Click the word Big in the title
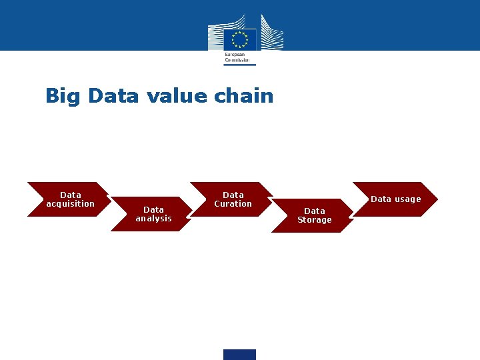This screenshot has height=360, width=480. (x=63, y=97)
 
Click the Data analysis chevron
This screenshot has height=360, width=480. (x=153, y=214)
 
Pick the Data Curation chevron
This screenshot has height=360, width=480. (x=232, y=199)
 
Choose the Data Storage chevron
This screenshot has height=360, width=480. (x=314, y=215)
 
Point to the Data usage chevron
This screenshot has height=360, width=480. (x=395, y=199)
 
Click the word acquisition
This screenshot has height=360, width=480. (x=71, y=204)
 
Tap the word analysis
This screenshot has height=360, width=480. (x=154, y=219)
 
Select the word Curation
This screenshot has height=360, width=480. (x=233, y=204)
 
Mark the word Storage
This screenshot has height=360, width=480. (x=315, y=220)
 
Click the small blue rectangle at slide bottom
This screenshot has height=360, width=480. (x=239, y=355)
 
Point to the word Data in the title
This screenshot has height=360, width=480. (x=113, y=96)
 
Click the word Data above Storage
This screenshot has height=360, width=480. (x=315, y=211)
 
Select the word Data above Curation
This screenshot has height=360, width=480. (x=233, y=195)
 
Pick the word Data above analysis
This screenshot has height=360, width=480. (x=154, y=209)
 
